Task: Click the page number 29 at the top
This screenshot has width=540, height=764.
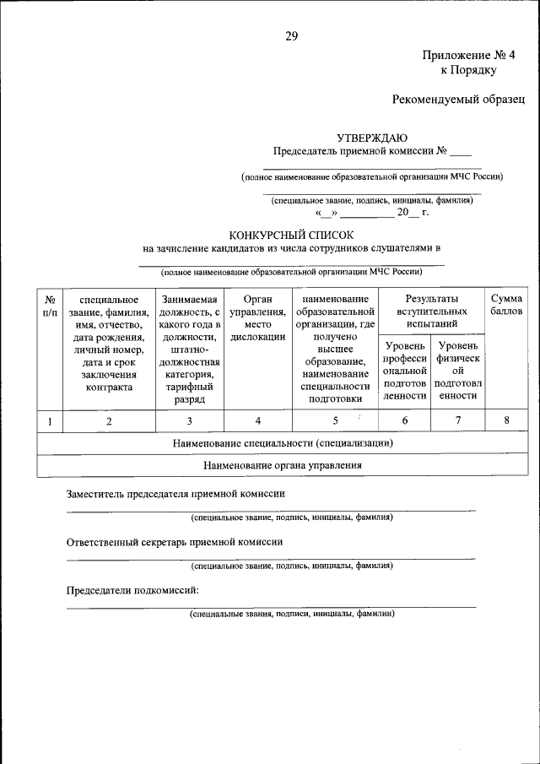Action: pyautogui.click(x=290, y=35)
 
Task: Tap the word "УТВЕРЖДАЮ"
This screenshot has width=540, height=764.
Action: pyautogui.click(x=372, y=138)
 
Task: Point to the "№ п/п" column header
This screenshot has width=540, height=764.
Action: pyautogui.click(x=51, y=306)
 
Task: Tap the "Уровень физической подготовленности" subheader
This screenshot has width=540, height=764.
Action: pyautogui.click(x=458, y=371)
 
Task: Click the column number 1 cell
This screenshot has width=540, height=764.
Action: pyautogui.click(x=51, y=420)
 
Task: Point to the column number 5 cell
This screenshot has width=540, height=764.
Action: pyautogui.click(x=335, y=420)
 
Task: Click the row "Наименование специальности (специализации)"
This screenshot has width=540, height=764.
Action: pyautogui.click(x=283, y=442)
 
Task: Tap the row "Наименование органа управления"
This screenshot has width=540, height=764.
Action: pyautogui.click(x=283, y=465)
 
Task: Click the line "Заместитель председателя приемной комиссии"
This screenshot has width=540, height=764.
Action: pyautogui.click(x=175, y=494)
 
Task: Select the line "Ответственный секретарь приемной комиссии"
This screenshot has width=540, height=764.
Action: pyautogui.click(x=175, y=542)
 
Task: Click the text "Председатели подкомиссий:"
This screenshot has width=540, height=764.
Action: pyautogui.click(x=132, y=590)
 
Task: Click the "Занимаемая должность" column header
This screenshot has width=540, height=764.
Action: pyautogui.click(x=189, y=349)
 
